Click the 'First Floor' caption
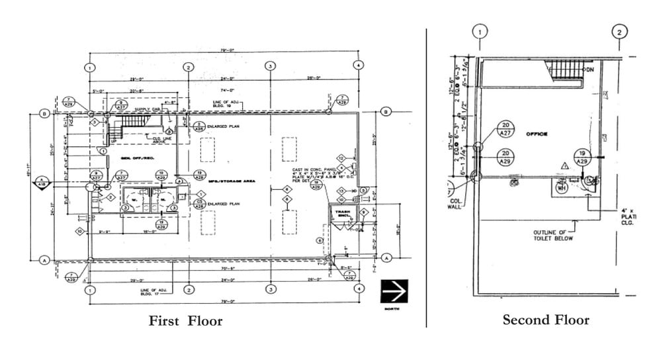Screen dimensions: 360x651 point(185,321)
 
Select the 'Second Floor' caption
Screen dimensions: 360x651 point(545,320)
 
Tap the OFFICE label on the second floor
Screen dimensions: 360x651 point(537,134)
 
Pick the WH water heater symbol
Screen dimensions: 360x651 point(562,187)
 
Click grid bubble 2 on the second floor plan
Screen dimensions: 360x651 point(619,31)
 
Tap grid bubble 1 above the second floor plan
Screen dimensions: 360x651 point(480,31)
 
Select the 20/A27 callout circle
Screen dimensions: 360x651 point(505,129)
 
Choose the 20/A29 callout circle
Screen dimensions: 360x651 point(505,157)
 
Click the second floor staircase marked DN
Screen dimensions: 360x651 point(564,68)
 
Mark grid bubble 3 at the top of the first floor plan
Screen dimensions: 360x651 point(270,66)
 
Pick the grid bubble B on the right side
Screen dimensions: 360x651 point(386,113)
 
